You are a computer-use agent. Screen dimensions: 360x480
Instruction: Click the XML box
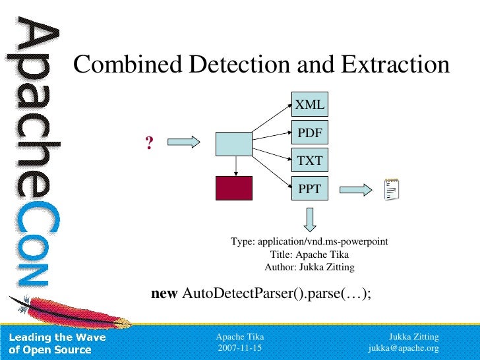click(309, 104)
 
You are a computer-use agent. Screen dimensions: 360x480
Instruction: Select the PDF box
click(309, 133)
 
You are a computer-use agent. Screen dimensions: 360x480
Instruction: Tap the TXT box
click(309, 161)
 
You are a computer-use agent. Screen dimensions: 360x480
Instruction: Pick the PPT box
click(309, 189)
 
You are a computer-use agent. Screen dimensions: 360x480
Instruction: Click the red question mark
click(150, 142)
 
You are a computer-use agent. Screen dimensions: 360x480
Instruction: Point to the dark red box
click(234, 188)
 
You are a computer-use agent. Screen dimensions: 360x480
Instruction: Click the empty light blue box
click(234, 143)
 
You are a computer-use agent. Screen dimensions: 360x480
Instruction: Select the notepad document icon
click(391, 190)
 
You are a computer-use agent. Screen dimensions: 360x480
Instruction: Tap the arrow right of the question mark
click(184, 142)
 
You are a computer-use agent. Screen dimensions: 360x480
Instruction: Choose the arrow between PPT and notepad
click(356, 190)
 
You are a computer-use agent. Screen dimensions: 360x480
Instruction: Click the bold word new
click(165, 293)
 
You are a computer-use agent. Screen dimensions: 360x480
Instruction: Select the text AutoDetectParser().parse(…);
click(276, 293)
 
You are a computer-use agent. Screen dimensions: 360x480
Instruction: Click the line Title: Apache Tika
click(309, 255)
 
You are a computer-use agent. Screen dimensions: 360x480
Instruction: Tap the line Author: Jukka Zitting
click(309, 267)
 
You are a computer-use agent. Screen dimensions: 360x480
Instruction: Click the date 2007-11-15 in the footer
click(239, 347)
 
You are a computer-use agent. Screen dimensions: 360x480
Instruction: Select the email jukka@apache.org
click(404, 347)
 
